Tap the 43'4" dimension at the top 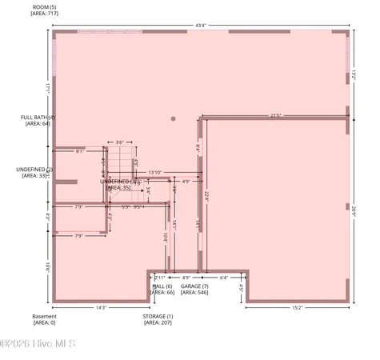point(200,25)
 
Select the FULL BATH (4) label point(38,118)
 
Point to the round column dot point(173,119)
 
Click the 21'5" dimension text point(276,115)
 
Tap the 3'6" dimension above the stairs point(120,142)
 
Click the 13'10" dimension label point(155,172)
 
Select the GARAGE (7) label point(194,286)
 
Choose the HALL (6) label point(163,286)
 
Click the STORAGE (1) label point(158,316)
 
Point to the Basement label point(44,316)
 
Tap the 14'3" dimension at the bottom point(102,307)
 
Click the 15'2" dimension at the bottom point(297,307)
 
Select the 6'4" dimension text point(223,278)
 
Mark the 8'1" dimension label point(80,151)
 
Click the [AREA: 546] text point(194,293)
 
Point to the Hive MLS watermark point(38,344)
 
